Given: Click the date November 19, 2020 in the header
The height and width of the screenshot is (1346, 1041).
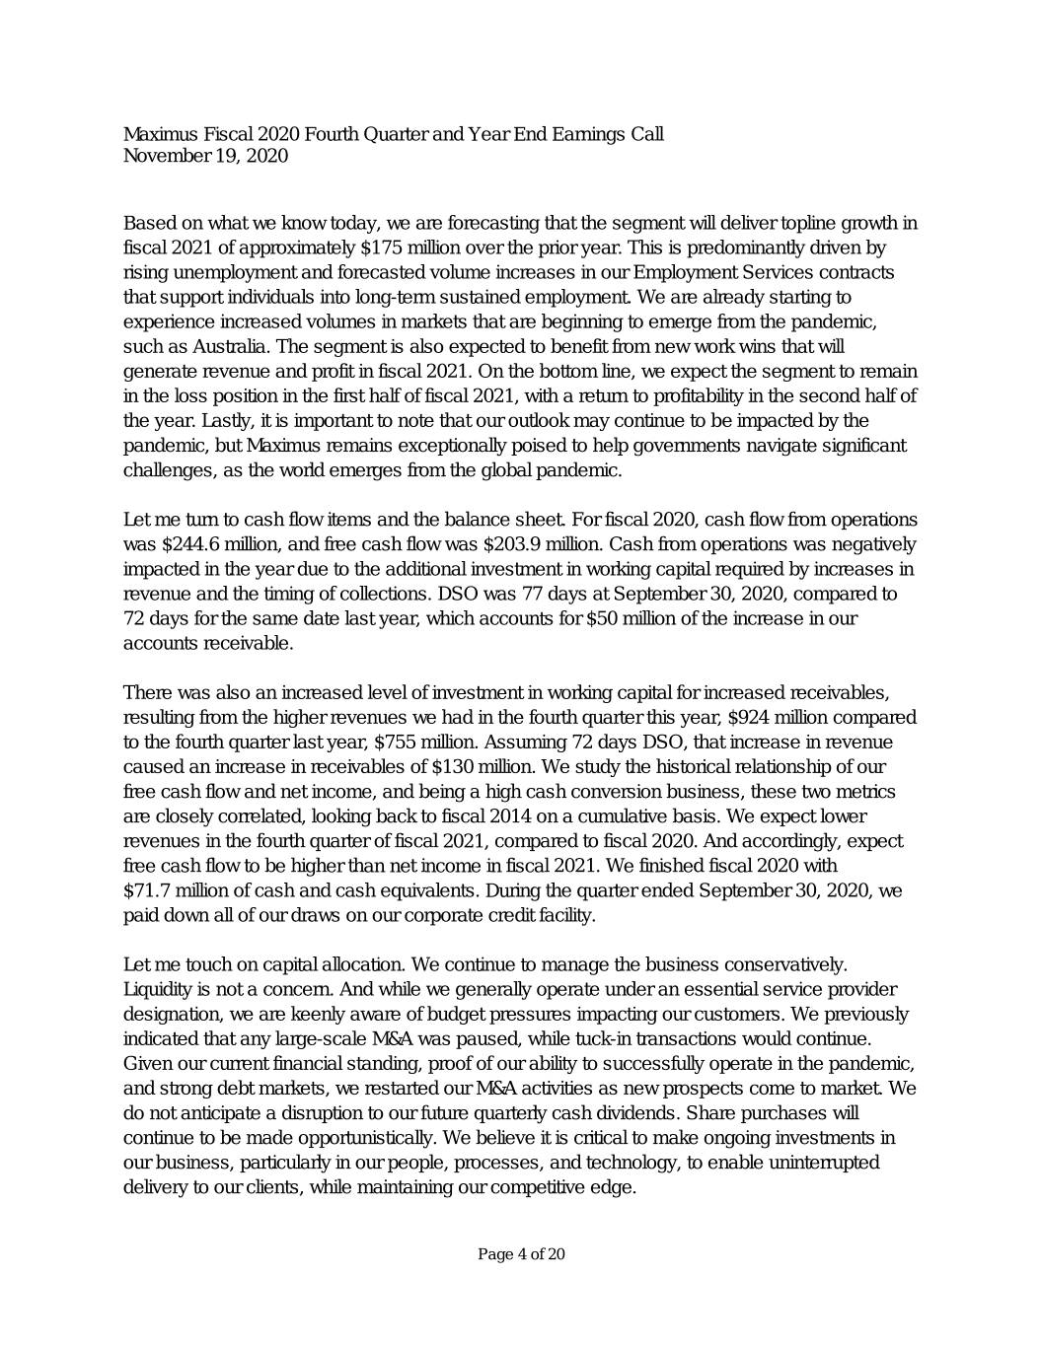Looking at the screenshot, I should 205,156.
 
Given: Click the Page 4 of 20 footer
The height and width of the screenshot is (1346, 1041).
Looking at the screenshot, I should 521,1254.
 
